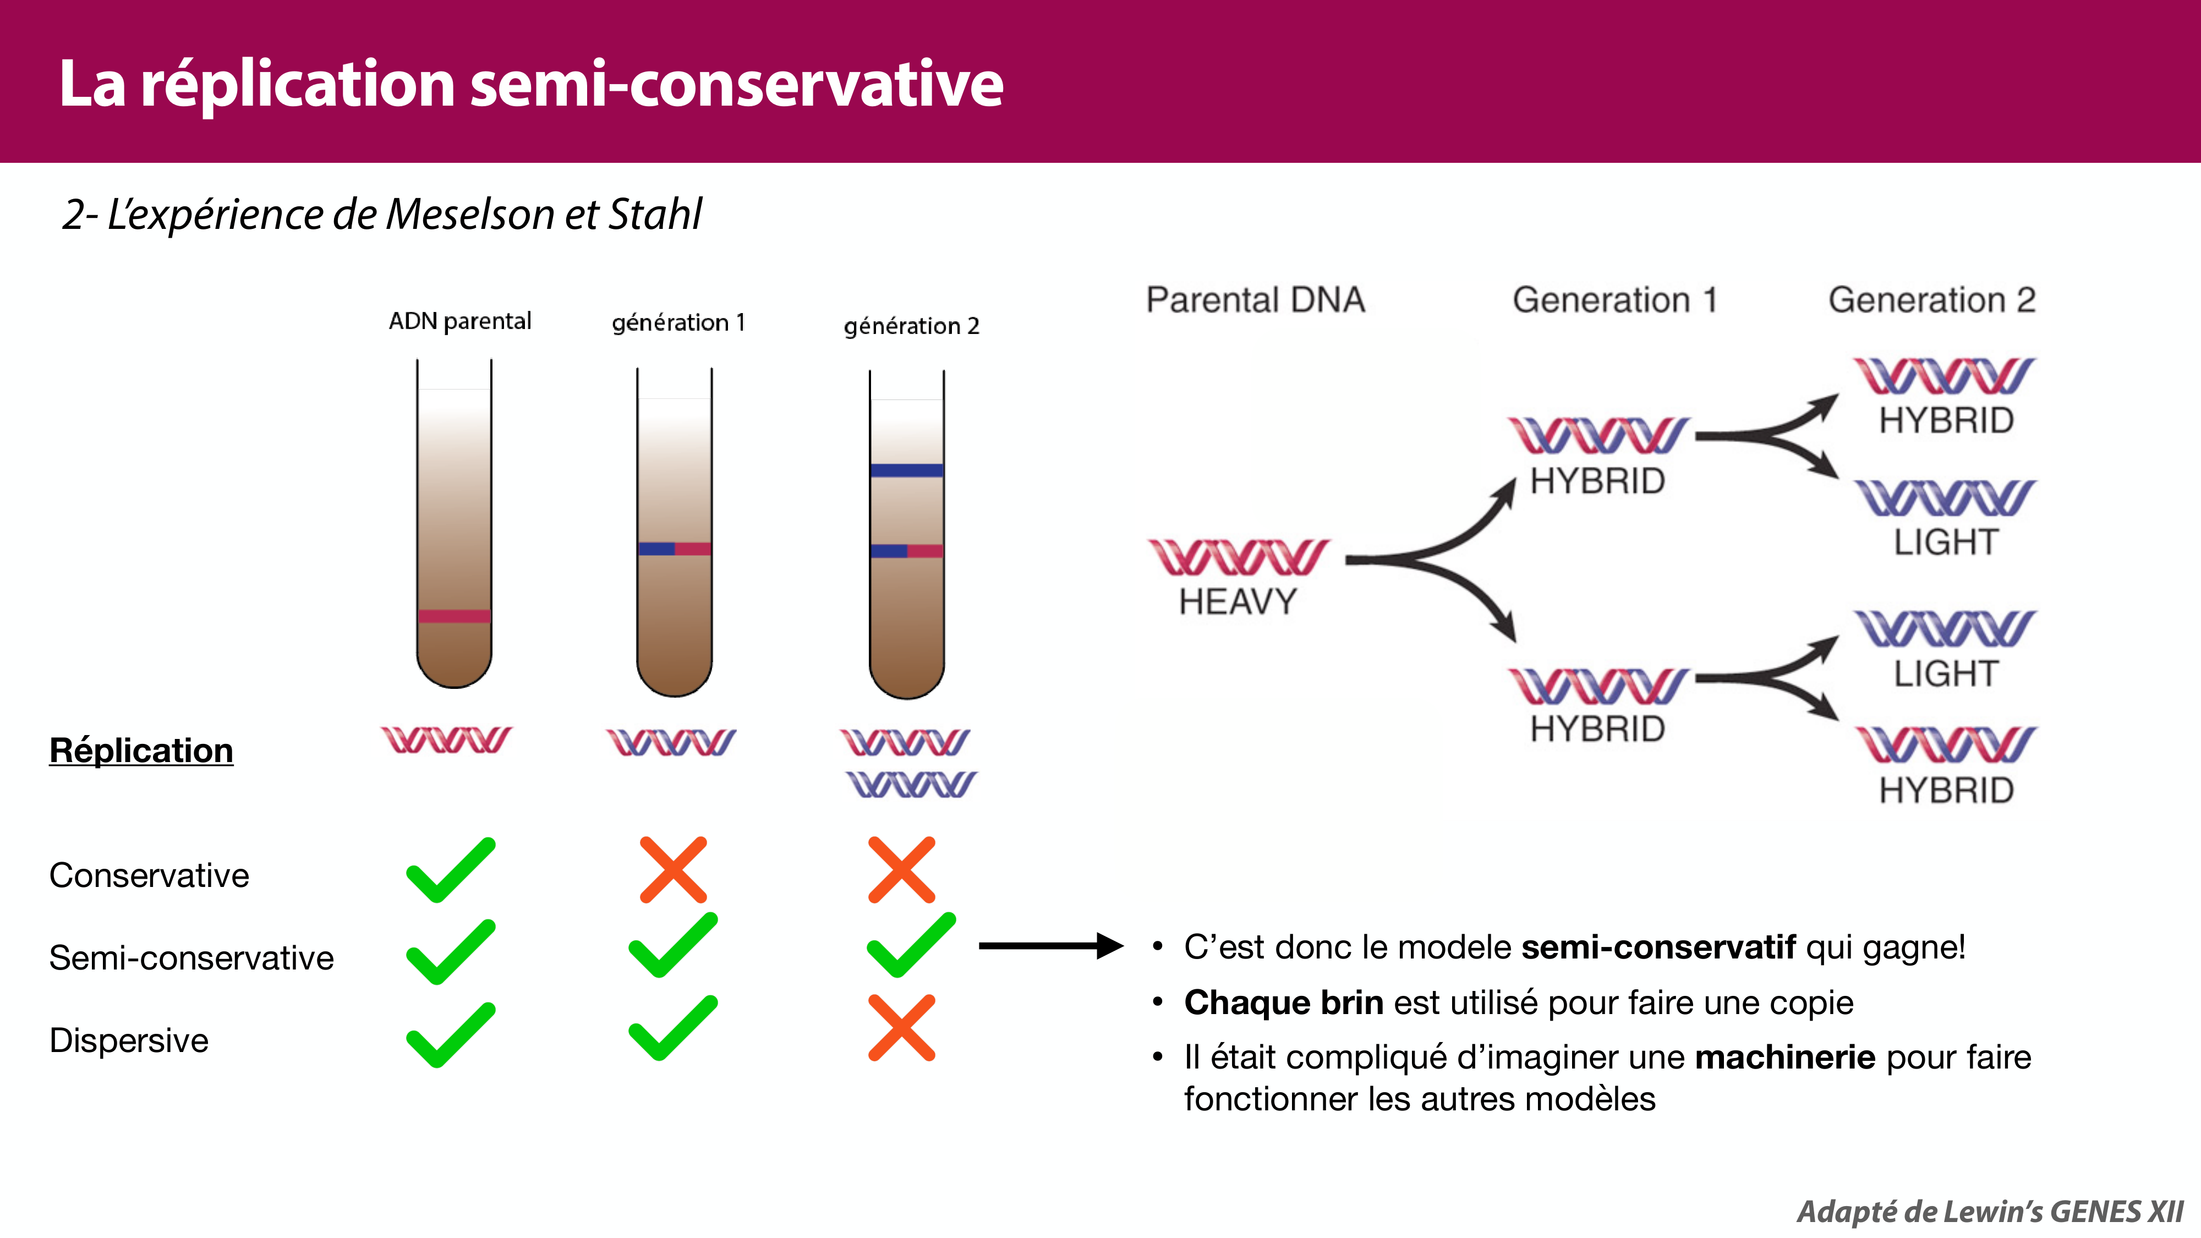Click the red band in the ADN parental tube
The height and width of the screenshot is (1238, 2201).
click(454, 616)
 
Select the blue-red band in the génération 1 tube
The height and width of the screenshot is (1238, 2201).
click(674, 549)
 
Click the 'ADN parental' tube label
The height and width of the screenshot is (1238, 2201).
click(459, 321)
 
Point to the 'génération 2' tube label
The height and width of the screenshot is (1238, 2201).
click(911, 326)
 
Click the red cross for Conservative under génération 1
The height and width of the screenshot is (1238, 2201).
click(674, 870)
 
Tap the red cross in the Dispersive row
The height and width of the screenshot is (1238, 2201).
click(901, 1028)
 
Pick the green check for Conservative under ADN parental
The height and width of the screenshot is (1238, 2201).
click(450, 870)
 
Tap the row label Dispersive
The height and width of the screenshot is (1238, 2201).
click(129, 1040)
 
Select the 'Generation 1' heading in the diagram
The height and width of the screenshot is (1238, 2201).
click(1614, 300)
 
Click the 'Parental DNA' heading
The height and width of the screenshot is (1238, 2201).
click(1255, 300)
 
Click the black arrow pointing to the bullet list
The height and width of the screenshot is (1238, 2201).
click(1050, 946)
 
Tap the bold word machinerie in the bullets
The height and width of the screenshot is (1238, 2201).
click(1785, 1057)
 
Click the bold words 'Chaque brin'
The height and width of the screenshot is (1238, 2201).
click(1283, 1002)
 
